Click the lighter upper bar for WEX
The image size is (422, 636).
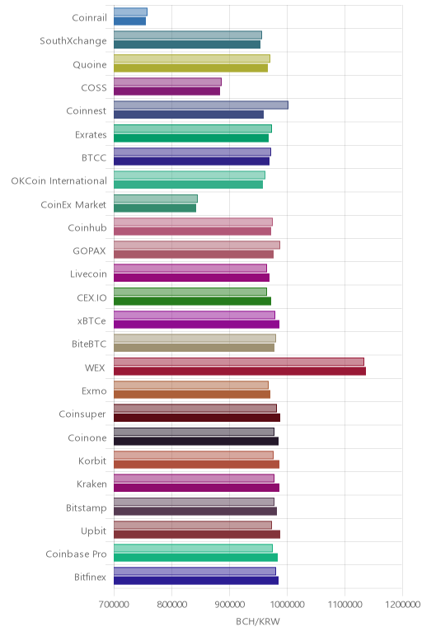tap(238, 362)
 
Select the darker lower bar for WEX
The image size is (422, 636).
tap(239, 371)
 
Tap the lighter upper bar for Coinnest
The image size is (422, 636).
tap(201, 105)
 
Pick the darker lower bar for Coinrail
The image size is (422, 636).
tap(129, 21)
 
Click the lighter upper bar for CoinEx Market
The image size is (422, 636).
tap(156, 199)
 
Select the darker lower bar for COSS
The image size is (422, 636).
tap(166, 91)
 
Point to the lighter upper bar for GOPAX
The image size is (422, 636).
tap(197, 245)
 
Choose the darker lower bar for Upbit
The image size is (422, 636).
tap(197, 534)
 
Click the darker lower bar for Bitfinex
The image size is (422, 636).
tap(196, 581)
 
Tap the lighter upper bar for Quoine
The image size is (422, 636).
tap(192, 58)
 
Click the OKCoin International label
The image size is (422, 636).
tap(59, 181)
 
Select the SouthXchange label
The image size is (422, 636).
tap(73, 41)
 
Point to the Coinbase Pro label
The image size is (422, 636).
tap(76, 554)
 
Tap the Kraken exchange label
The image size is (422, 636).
tap(91, 484)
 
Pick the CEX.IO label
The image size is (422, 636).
tap(91, 298)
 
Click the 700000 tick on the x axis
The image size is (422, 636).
tap(114, 605)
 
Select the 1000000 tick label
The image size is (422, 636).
tap(288, 605)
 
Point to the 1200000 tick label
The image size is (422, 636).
tap(403, 605)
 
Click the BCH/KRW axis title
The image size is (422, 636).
tap(258, 621)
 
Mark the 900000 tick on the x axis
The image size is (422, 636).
tap(229, 605)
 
